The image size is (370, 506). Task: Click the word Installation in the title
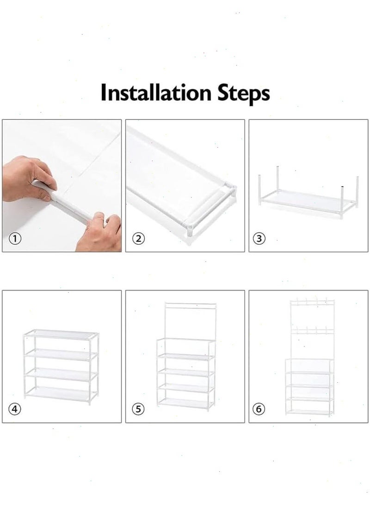click(155, 93)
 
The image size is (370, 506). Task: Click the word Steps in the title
click(243, 94)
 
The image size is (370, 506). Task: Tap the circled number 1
click(15, 239)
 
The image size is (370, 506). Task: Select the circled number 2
click(138, 239)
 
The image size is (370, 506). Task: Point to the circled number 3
click(259, 239)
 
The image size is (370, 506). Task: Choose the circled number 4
click(15, 409)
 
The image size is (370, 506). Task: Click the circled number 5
click(138, 409)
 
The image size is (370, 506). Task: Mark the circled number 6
click(259, 409)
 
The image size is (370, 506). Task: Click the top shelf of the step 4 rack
click(61, 335)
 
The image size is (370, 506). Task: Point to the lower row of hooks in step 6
click(312, 330)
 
